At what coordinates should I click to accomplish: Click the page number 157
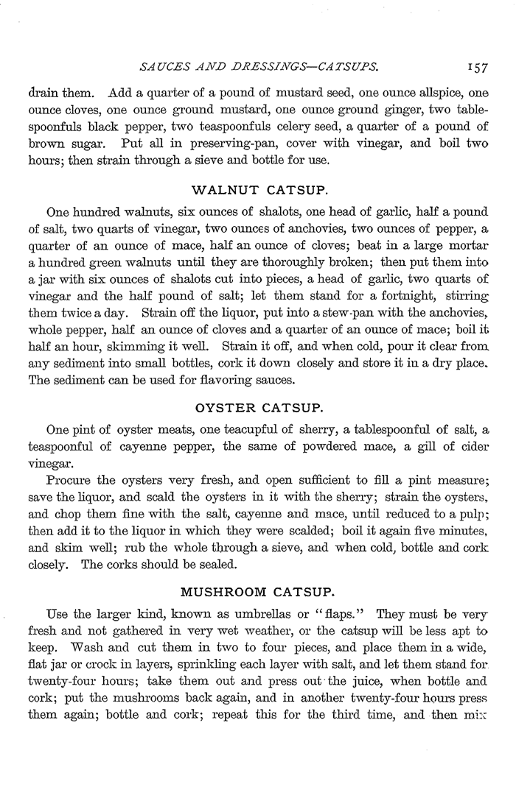tap(476, 68)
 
